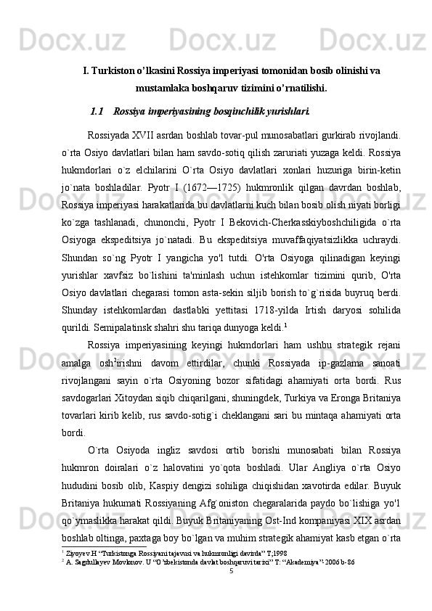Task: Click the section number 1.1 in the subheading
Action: pos(97,112)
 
